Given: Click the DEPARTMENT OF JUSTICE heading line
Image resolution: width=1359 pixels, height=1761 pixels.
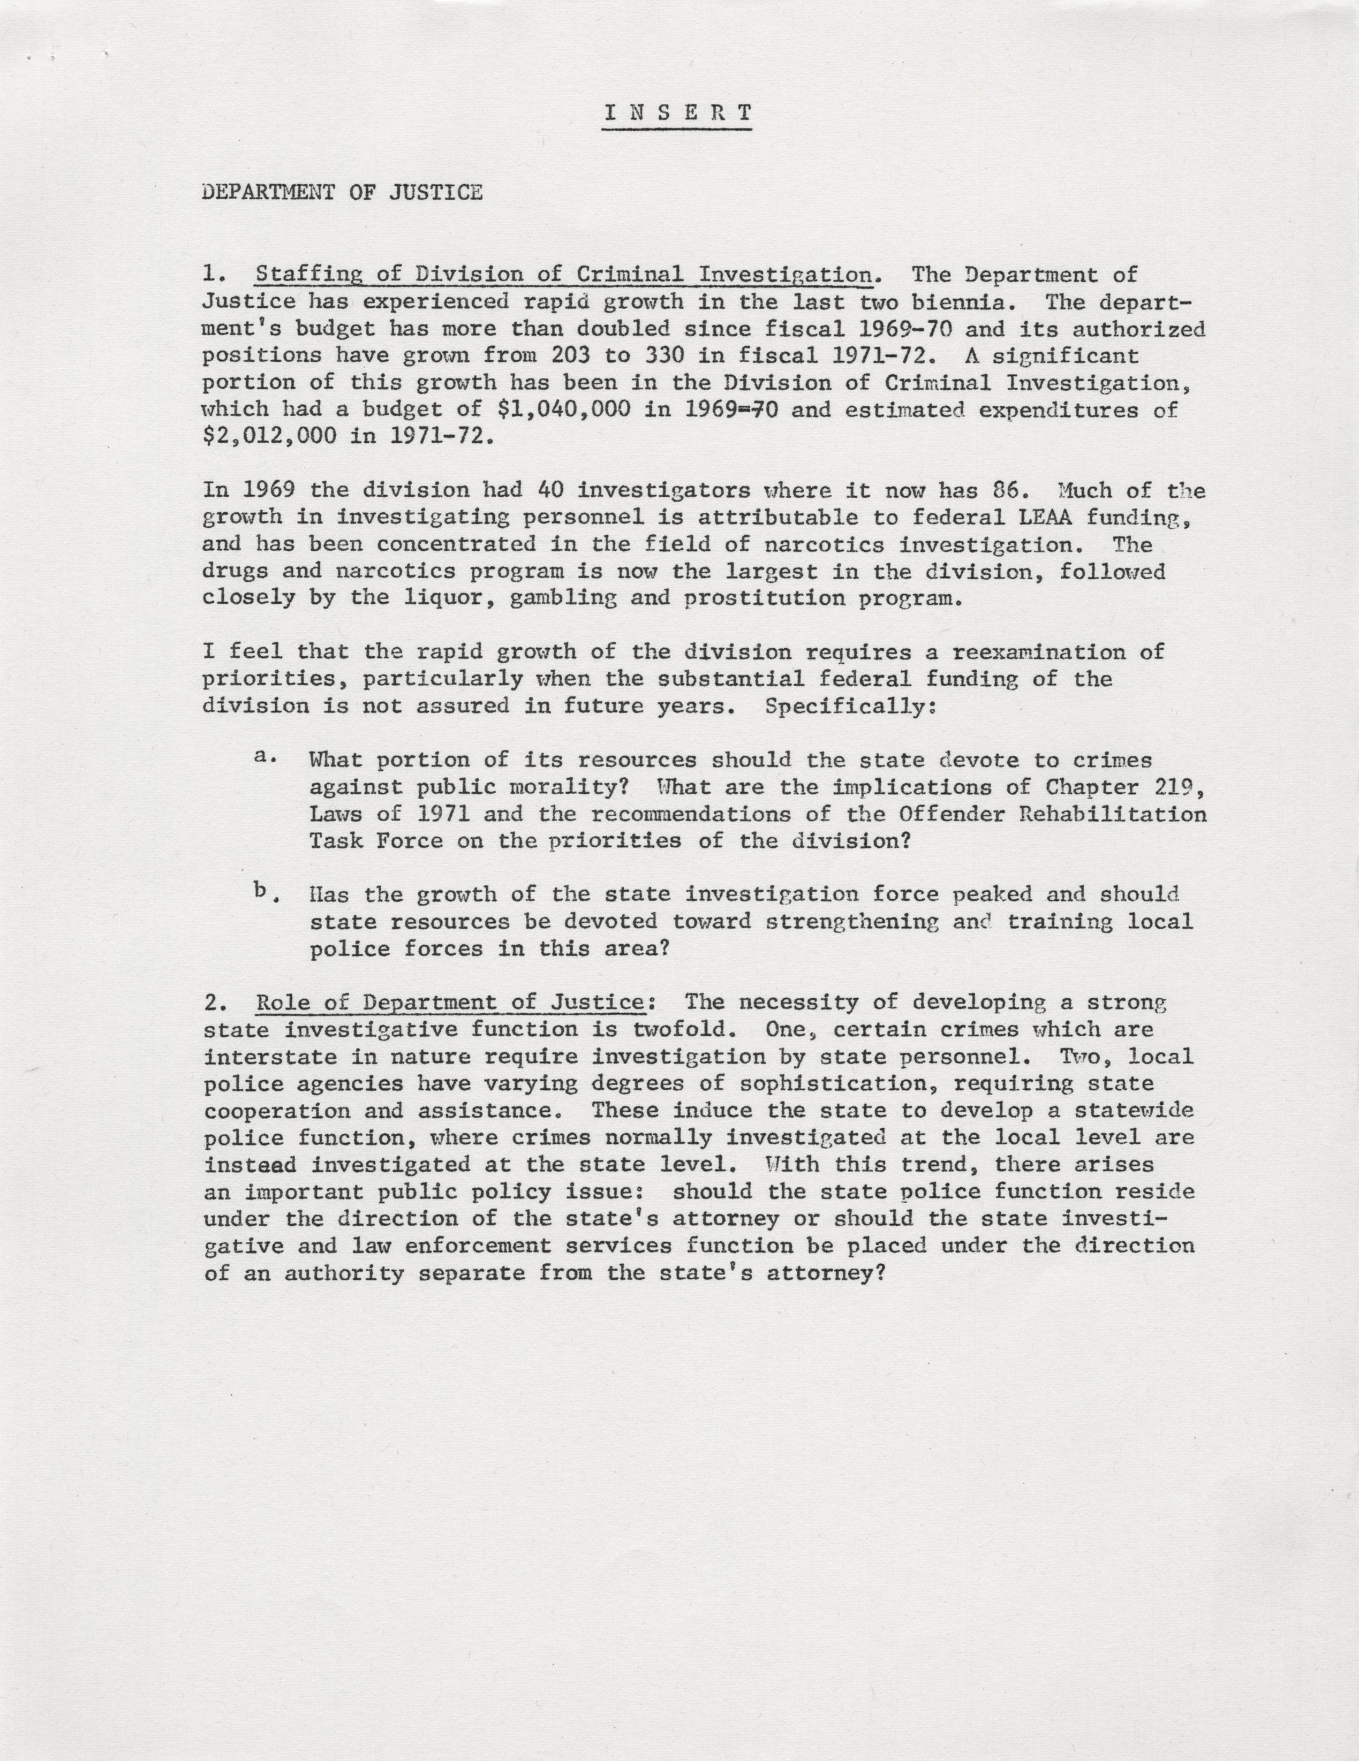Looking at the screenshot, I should (x=342, y=193).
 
